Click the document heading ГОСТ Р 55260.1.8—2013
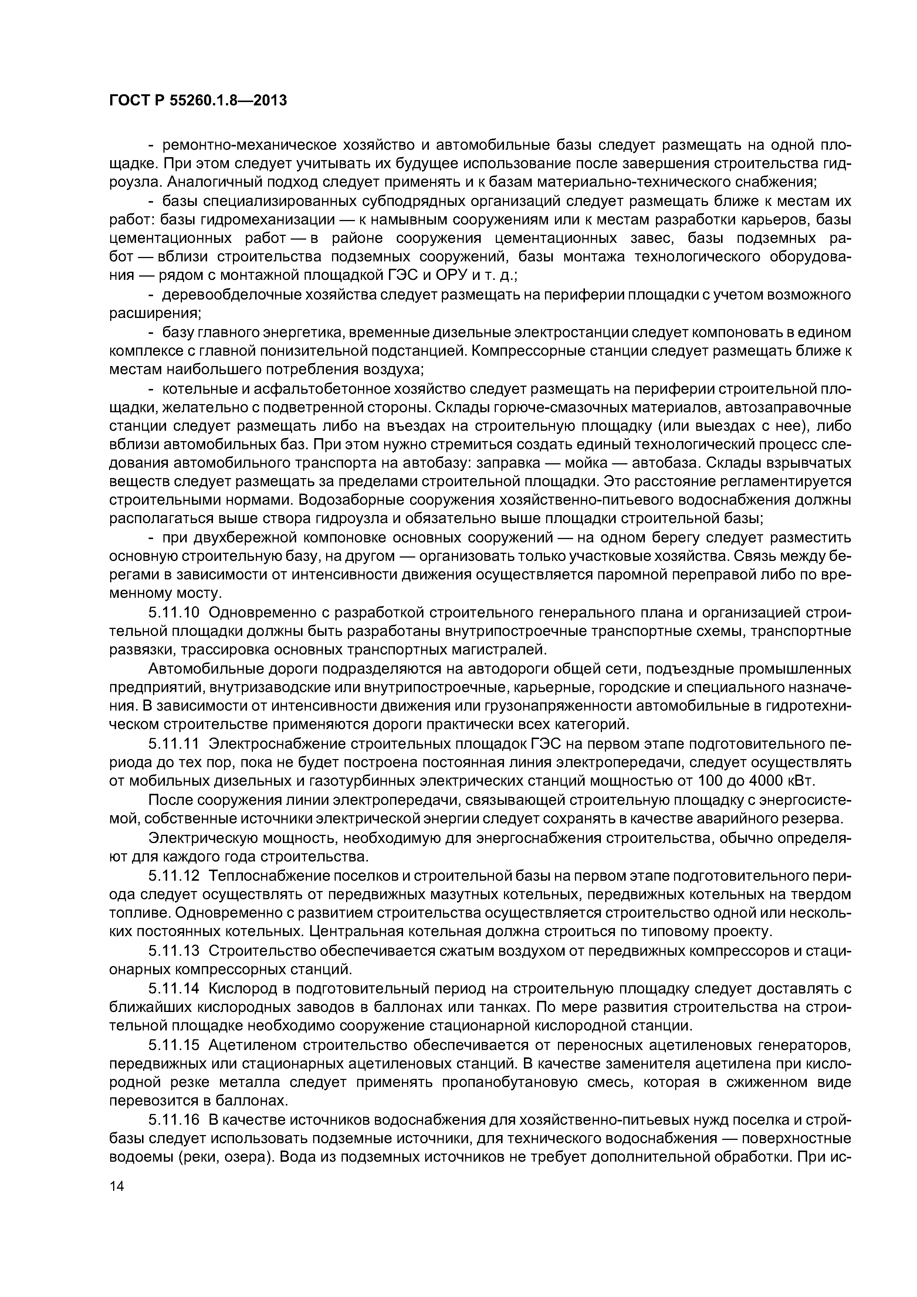pos(198,101)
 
